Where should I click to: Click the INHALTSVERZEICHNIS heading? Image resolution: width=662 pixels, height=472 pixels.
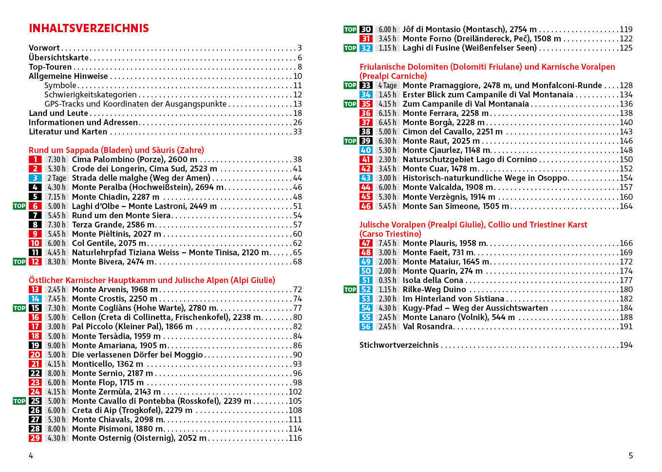(x=89, y=28)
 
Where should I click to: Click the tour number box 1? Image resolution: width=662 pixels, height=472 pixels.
(x=35, y=159)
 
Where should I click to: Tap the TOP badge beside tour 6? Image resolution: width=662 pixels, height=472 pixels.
(x=19, y=206)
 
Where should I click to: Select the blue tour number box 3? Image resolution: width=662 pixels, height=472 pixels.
(x=35, y=178)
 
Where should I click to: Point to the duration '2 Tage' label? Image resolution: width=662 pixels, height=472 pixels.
(x=57, y=178)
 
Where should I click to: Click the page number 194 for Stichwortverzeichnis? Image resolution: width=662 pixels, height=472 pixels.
(x=626, y=345)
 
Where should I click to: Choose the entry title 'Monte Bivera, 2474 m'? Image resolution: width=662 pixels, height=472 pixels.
(x=113, y=262)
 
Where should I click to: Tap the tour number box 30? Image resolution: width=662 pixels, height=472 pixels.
(x=366, y=29)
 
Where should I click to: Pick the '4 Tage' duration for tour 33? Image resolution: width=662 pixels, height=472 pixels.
(x=387, y=85)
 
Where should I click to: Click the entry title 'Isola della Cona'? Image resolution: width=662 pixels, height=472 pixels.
(x=433, y=280)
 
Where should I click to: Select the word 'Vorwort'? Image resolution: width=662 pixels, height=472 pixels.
(x=44, y=48)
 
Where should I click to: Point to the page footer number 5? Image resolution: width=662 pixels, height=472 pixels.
(x=630, y=455)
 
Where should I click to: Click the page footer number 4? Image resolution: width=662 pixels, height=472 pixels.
(x=31, y=455)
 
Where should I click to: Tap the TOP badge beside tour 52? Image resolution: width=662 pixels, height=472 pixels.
(x=350, y=289)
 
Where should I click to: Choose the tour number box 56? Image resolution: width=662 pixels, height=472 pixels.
(x=366, y=326)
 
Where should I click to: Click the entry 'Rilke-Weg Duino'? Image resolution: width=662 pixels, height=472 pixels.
(x=434, y=289)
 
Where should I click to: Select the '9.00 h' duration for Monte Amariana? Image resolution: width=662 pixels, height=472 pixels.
(x=57, y=345)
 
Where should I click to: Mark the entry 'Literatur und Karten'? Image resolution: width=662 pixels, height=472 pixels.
(x=68, y=132)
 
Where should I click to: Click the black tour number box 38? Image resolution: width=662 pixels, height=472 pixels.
(x=366, y=132)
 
